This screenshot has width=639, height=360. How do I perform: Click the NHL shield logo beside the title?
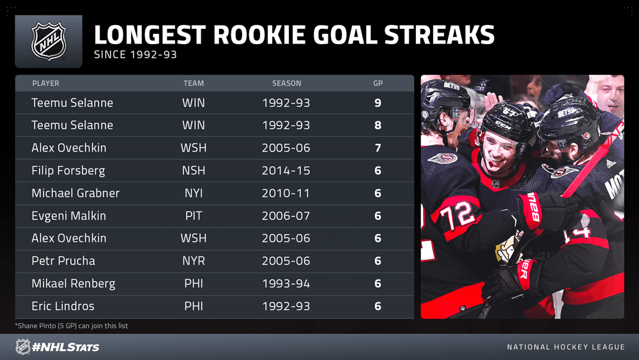click(x=49, y=41)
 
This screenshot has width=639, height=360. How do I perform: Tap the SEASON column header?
click(x=287, y=83)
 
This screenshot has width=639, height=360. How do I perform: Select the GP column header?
click(x=378, y=83)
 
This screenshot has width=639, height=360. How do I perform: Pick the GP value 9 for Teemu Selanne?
click(x=378, y=103)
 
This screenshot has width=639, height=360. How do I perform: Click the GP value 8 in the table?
click(x=378, y=125)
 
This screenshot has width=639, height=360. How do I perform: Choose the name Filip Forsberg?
click(x=68, y=171)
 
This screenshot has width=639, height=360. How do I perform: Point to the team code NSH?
click(x=194, y=171)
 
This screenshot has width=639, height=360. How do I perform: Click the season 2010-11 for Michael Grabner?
click(x=286, y=193)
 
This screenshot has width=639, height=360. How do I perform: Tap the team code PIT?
click(x=194, y=215)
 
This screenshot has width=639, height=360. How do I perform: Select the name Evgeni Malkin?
click(x=69, y=215)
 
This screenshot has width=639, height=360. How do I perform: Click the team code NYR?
click(x=194, y=261)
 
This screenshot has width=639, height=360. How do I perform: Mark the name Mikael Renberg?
click(x=73, y=284)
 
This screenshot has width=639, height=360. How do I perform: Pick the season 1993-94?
click(x=286, y=284)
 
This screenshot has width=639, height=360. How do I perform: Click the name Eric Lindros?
click(x=63, y=306)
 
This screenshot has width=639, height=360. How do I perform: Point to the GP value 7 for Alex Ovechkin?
click(x=378, y=148)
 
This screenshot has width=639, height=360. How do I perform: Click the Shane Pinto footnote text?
click(x=72, y=325)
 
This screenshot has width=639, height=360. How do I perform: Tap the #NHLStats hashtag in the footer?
click(x=66, y=347)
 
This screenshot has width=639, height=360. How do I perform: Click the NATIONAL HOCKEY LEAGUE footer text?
click(x=566, y=347)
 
